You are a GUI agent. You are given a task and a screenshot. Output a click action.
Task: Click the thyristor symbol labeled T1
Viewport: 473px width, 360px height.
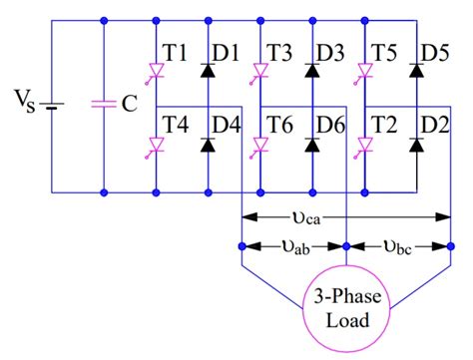coord(156,71)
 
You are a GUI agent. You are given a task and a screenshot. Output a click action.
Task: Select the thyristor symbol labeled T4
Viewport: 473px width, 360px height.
coord(156,146)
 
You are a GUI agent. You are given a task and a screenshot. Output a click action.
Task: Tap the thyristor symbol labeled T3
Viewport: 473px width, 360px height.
coord(259,71)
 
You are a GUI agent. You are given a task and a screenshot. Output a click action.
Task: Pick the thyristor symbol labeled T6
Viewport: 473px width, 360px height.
coord(259,146)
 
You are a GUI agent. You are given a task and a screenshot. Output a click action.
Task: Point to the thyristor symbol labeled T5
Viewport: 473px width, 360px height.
coord(365,71)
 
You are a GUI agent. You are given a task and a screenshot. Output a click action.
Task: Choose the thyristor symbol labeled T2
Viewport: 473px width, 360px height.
coord(365,146)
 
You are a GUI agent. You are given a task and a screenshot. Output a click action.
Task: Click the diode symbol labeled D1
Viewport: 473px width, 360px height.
coord(208,71)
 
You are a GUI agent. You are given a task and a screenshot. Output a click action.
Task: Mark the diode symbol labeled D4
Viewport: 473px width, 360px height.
coord(208,146)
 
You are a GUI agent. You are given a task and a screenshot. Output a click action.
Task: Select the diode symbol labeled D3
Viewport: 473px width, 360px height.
coord(311,71)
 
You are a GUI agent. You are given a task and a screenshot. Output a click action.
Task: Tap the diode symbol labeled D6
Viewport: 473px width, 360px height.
coord(311,146)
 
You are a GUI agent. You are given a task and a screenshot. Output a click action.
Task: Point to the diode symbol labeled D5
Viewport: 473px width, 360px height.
coord(417,71)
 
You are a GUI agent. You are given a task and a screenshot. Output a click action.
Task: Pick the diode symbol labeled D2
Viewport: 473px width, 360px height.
coord(417,146)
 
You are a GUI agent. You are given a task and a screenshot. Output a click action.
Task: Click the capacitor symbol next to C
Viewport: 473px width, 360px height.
coord(104,104)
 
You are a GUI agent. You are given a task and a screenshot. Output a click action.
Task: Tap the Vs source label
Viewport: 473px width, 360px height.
coord(23,103)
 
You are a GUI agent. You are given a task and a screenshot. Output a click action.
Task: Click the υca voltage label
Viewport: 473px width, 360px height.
coord(346,215)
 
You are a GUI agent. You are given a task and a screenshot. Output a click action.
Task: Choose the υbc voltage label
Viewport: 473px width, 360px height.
coord(399,245)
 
